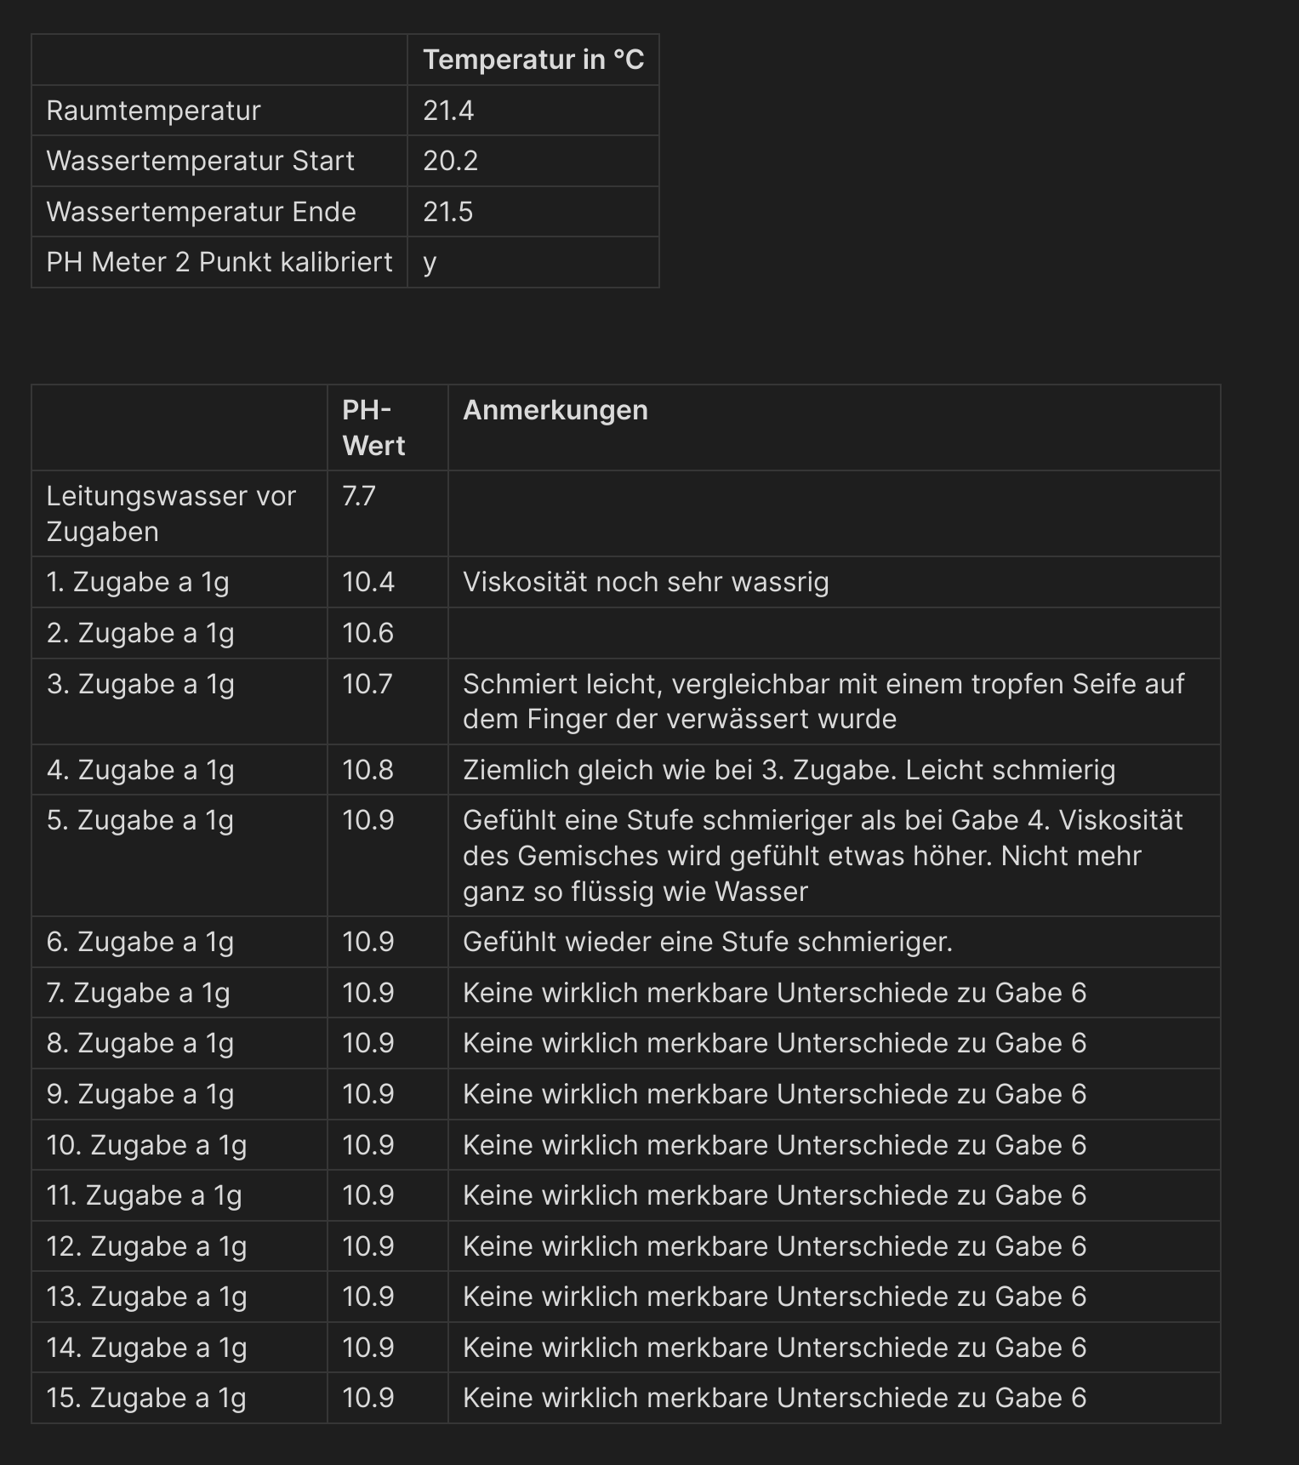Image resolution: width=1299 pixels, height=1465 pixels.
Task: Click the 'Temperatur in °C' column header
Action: click(533, 60)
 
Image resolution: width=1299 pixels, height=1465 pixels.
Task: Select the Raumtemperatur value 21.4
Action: click(448, 111)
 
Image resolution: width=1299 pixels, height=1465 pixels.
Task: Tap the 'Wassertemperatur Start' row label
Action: click(200, 161)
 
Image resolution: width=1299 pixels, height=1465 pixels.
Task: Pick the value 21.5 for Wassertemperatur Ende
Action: click(448, 212)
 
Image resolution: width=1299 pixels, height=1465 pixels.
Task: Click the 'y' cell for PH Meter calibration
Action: click(430, 262)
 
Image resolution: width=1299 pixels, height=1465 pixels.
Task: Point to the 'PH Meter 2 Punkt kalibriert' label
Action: click(219, 262)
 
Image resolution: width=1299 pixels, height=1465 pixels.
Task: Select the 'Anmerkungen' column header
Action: click(555, 410)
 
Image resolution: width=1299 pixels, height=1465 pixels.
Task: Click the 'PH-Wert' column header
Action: click(373, 428)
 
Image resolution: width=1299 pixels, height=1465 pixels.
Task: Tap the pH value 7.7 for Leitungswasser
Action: click(359, 496)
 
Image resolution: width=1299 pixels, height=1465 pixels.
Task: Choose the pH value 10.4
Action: click(368, 582)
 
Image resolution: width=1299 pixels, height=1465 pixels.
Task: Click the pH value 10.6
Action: click(368, 633)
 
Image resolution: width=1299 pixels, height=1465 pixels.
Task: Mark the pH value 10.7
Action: click(367, 684)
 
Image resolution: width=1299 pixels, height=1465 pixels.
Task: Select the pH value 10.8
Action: click(368, 770)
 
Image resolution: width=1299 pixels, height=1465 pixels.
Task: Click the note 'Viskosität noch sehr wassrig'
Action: click(646, 582)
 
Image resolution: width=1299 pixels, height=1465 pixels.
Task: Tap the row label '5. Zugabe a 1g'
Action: click(140, 820)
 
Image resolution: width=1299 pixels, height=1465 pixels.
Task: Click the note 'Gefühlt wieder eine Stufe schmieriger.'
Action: click(708, 942)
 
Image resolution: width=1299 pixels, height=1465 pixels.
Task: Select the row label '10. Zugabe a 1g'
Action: click(146, 1145)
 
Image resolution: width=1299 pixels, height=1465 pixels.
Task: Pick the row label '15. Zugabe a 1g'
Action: click(146, 1398)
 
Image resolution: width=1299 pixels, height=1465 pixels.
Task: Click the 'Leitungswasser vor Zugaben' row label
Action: click(171, 514)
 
